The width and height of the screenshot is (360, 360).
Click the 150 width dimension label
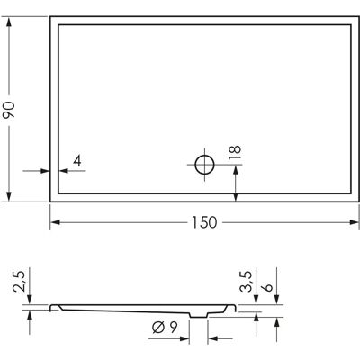point(204,222)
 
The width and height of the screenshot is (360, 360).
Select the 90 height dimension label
point(8,110)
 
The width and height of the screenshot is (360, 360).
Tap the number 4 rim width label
point(77,161)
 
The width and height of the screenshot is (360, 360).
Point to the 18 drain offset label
point(235,153)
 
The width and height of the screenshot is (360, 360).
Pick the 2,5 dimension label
point(19,281)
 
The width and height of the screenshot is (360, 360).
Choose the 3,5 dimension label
point(246,282)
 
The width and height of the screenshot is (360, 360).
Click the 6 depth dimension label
point(266,287)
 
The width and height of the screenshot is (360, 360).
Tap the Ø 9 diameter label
point(165,327)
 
